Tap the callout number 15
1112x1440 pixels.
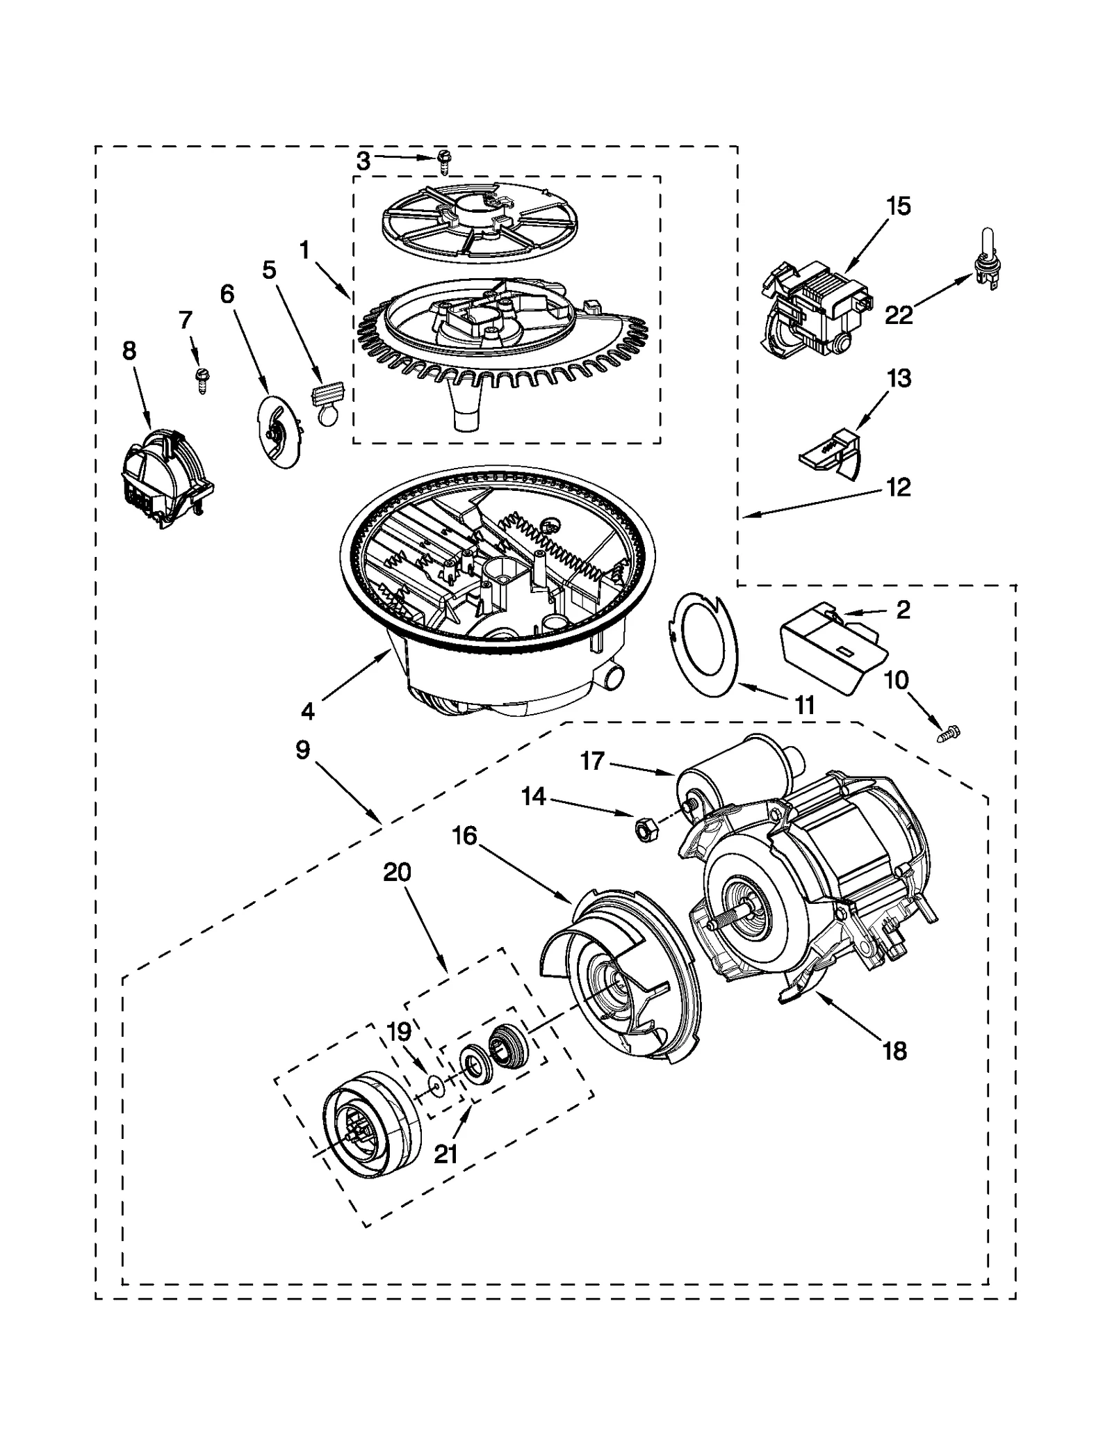(x=899, y=207)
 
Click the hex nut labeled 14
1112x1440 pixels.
(x=643, y=827)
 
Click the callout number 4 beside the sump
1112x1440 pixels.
(x=308, y=711)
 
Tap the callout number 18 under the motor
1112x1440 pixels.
(x=894, y=1051)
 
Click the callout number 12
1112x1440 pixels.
(x=899, y=487)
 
